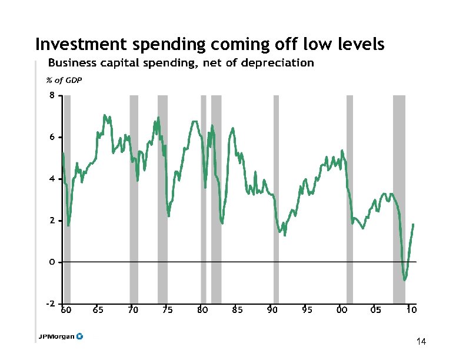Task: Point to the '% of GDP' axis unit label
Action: tap(64, 81)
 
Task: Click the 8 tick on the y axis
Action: tap(52, 95)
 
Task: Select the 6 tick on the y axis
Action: tap(52, 137)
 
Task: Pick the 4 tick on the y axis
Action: tap(52, 179)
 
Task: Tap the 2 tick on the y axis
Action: tap(52, 221)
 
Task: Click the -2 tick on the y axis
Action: tap(51, 304)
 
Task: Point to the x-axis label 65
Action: tap(98, 309)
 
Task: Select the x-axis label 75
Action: tap(168, 309)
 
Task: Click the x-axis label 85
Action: tap(237, 309)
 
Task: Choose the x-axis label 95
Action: tap(307, 309)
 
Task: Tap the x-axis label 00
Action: tap(341, 309)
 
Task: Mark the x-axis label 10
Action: tap(411, 309)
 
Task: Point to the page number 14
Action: tap(420, 342)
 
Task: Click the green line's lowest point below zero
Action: tap(404, 279)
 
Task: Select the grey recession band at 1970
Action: tap(134, 200)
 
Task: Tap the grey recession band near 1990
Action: tap(276, 200)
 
